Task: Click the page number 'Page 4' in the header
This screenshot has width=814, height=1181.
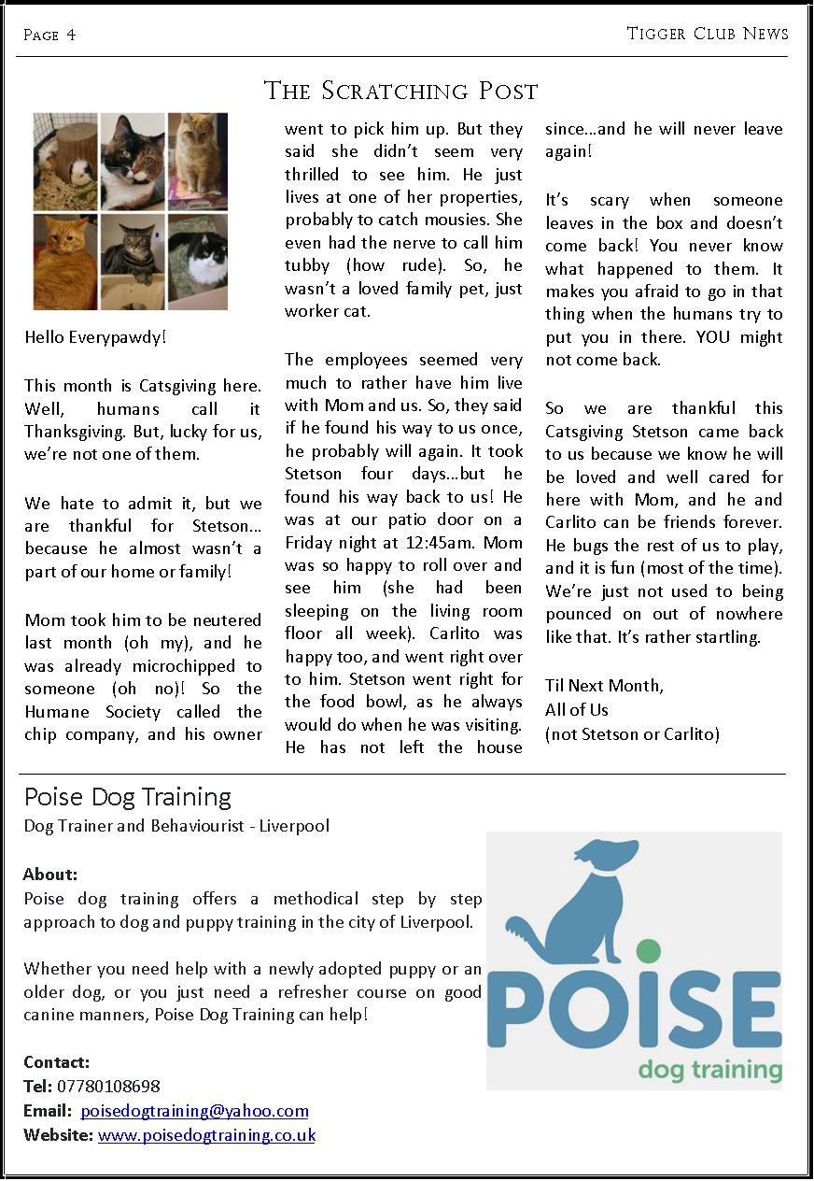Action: pos(50,36)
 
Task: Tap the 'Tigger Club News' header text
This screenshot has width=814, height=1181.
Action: pos(708,35)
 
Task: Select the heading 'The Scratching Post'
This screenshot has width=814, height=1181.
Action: pos(401,92)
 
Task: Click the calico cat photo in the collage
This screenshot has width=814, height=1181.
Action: pos(132,161)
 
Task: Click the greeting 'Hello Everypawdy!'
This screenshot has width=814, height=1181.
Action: pos(95,336)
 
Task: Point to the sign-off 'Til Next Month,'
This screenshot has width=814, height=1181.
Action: pos(604,686)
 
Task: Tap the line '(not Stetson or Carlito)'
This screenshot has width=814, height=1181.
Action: pos(632,734)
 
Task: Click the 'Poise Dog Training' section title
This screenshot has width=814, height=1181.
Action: pos(128,797)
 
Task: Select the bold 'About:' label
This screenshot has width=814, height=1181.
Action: pos(50,875)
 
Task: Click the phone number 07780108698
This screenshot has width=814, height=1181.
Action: pos(108,1087)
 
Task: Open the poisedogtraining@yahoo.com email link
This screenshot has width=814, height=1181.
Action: pos(194,1111)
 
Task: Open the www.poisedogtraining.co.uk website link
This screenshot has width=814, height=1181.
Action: pos(206,1135)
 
